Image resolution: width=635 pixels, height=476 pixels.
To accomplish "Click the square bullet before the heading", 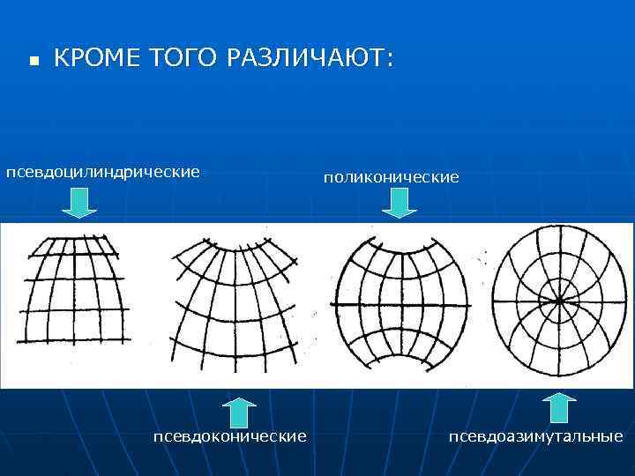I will click(33, 62).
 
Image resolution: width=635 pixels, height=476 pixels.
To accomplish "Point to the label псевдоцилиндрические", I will click(103, 170).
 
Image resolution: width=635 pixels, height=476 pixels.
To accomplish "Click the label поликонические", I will click(391, 177).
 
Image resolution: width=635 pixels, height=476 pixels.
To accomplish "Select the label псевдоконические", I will click(229, 436).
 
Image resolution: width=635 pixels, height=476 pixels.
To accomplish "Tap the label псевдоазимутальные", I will click(535, 436).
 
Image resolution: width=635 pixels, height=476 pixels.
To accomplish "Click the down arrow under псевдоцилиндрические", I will click(79, 205).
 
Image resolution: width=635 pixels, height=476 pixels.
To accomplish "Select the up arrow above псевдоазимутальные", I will click(558, 409).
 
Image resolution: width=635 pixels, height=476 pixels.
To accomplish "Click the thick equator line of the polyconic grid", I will click(400, 304).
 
